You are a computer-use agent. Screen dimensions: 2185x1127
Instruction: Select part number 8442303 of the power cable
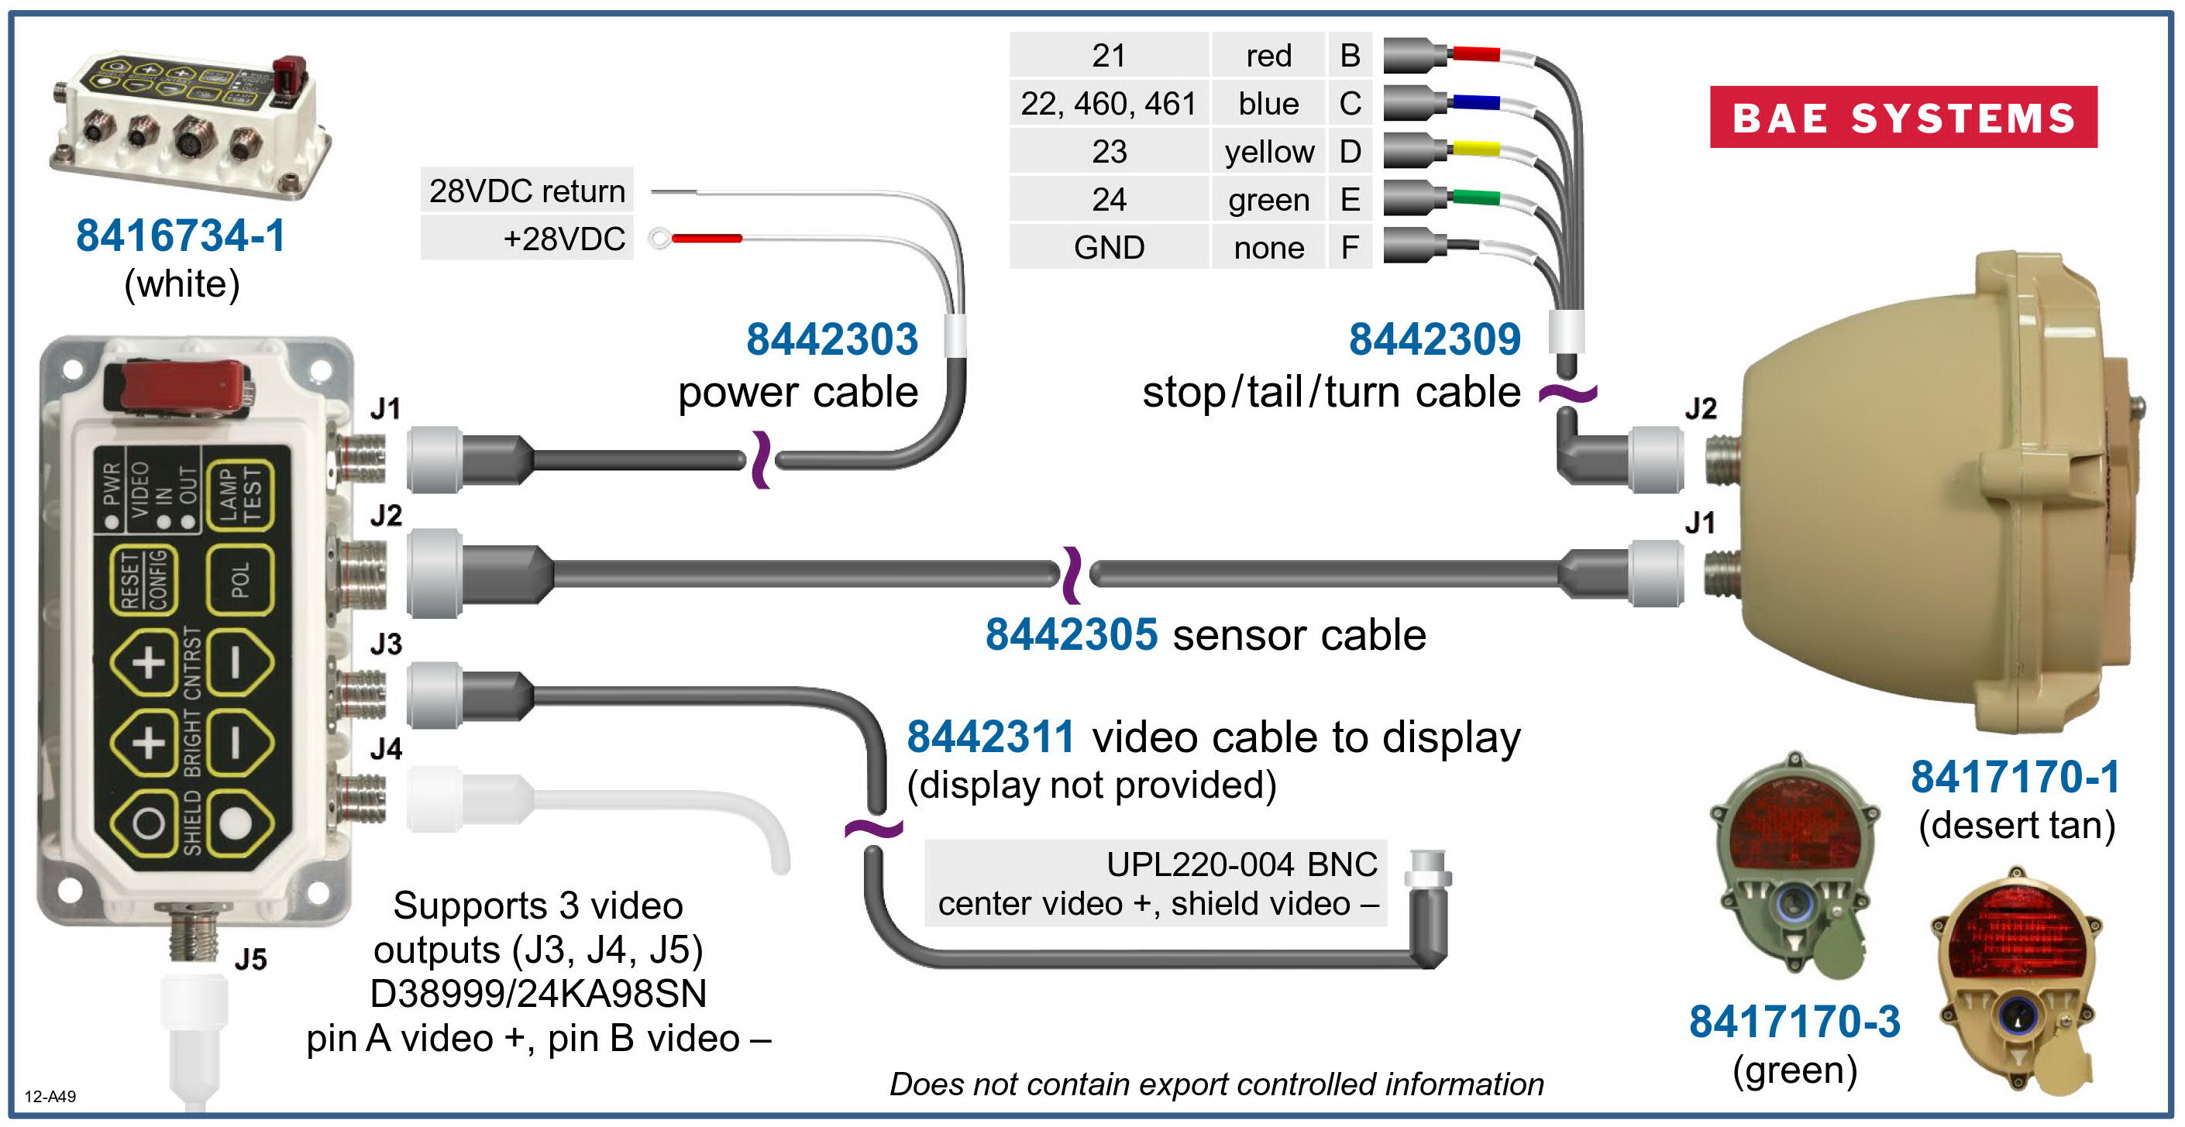(x=832, y=339)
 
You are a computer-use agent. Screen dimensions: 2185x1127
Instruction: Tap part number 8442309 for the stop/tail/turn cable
(x=1434, y=339)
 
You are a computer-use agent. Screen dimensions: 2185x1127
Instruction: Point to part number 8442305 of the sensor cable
(x=1072, y=634)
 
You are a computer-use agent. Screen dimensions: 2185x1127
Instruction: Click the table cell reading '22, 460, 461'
(x=1109, y=104)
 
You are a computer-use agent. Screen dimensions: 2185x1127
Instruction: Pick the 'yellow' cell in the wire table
(x=1269, y=152)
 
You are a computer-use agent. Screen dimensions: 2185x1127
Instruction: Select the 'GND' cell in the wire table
(x=1109, y=248)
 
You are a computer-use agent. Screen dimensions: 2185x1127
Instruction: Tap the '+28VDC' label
(x=564, y=239)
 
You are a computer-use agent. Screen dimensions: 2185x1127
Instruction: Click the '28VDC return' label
(x=527, y=191)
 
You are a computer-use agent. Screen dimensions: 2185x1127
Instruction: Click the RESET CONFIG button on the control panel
(x=143, y=580)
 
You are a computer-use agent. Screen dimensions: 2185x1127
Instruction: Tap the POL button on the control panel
(x=240, y=580)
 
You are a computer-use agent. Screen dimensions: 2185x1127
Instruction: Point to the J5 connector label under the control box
(x=250, y=959)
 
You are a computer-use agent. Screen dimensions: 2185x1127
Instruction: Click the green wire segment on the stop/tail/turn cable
(x=1475, y=198)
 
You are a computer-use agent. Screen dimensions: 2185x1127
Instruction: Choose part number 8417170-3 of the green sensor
(x=1794, y=1021)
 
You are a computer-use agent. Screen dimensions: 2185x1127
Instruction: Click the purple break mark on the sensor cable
(x=1072, y=575)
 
